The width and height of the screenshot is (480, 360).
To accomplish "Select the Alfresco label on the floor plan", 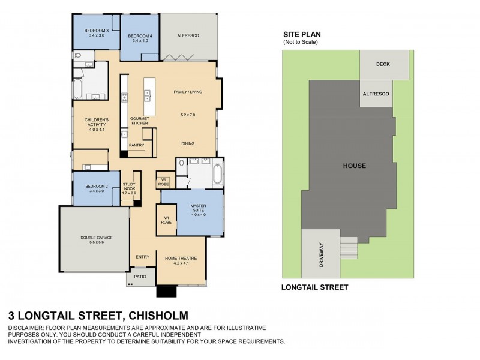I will coord(188,36).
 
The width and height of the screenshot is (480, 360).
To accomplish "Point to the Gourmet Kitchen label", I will coord(139,121).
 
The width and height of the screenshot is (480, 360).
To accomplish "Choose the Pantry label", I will coord(137,145).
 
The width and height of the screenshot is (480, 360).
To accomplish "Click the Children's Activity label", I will coord(97,124).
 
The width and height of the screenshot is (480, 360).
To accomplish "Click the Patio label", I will coord(140,277).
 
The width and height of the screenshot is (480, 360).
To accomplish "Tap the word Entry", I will coord(142,257).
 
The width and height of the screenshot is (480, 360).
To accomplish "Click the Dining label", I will coord(188,144).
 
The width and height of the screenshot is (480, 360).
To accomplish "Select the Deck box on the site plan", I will coord(383,64).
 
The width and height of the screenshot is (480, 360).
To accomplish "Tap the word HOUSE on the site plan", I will coord(354,165).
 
